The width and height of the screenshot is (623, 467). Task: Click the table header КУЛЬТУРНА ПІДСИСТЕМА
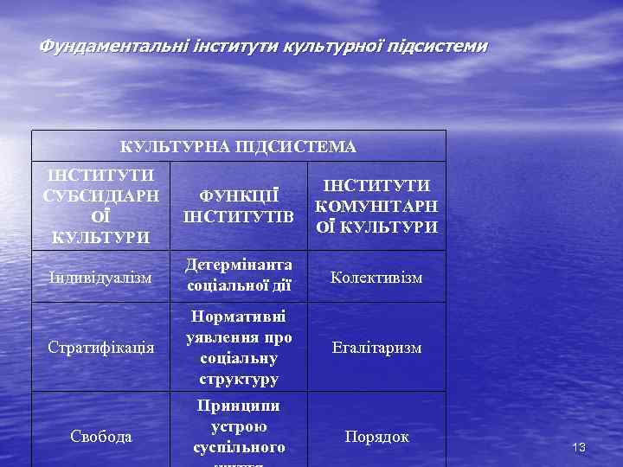tap(238, 146)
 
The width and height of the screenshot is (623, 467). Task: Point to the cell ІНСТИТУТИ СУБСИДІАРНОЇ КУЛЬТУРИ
tap(100, 206)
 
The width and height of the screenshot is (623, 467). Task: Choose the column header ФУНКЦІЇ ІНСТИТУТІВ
tap(239, 206)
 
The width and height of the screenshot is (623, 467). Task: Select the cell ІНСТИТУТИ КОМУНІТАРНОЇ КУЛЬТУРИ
tap(376, 206)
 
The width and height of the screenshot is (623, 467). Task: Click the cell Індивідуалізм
tap(100, 278)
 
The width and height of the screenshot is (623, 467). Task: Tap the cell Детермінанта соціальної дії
tap(239, 273)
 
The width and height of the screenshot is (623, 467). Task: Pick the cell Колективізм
tap(376, 278)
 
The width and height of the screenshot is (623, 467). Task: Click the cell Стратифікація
tap(100, 349)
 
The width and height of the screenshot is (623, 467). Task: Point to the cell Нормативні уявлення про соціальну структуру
tap(239, 346)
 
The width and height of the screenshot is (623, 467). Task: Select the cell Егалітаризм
tap(376, 348)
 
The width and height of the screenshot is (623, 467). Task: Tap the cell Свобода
tap(100, 437)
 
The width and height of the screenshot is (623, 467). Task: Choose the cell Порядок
tap(376, 437)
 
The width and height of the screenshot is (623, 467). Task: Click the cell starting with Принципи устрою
tap(239, 427)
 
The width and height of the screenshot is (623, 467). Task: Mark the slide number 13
tap(579, 447)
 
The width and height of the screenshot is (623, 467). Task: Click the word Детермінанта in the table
tap(239, 264)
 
